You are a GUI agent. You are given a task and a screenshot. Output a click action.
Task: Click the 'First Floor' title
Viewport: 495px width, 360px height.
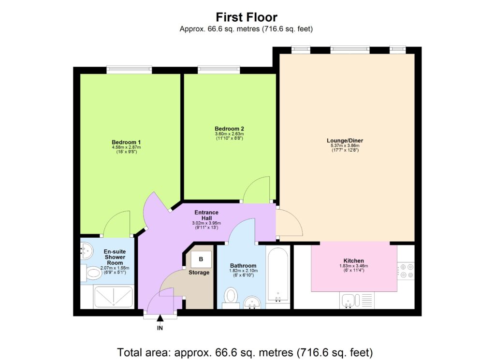247,18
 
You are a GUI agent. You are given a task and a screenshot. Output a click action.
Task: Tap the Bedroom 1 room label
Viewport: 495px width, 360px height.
122,142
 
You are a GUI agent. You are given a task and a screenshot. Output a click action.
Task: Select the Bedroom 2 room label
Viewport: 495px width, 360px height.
229,128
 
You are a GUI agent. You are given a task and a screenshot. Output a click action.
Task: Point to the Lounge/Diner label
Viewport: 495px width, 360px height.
345,141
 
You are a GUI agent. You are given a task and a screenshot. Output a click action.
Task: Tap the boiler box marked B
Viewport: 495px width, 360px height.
201,259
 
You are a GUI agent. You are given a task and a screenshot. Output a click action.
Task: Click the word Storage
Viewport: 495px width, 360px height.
199,273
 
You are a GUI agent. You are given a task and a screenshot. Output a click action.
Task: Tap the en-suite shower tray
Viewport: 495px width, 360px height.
113,297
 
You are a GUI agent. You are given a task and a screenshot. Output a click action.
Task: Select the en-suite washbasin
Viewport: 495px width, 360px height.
87,250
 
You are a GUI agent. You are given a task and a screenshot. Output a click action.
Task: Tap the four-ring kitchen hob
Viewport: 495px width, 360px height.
406,271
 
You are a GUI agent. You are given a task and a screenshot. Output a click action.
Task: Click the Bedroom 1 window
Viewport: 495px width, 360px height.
129,70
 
